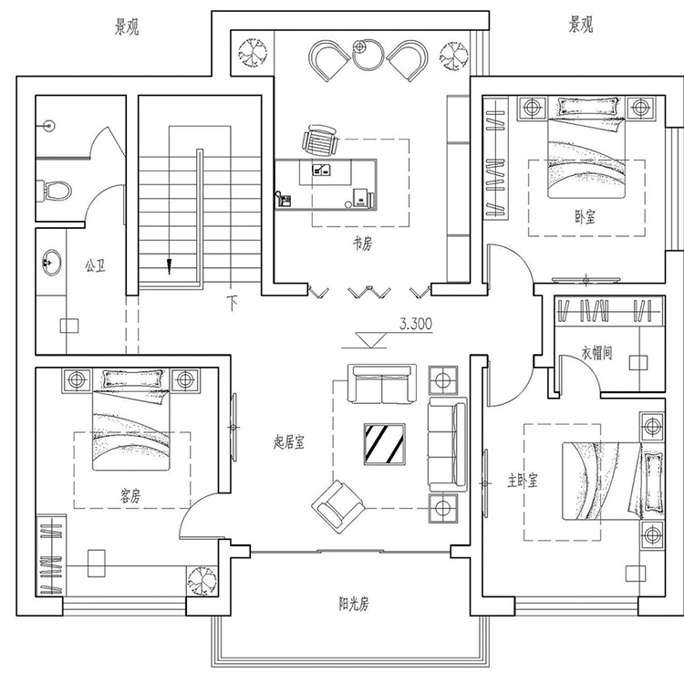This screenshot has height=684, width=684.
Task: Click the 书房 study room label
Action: click(362, 244)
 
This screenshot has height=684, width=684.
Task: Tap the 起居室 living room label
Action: click(289, 442)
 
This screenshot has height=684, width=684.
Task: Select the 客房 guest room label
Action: click(130, 495)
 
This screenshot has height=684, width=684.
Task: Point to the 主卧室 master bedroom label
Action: click(523, 481)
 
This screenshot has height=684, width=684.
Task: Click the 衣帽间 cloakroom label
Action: click(596, 352)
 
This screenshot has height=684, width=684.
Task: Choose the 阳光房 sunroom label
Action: click(354, 604)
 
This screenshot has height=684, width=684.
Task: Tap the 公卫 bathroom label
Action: click(95, 265)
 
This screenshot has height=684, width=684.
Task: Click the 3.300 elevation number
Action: click(416, 324)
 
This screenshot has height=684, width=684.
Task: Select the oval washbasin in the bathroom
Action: click(52, 263)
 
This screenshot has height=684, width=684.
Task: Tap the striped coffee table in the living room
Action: click(384, 444)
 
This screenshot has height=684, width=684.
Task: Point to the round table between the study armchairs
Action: click(368, 55)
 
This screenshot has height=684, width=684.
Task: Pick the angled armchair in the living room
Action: click(338, 507)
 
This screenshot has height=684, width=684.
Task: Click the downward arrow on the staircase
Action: click(170, 266)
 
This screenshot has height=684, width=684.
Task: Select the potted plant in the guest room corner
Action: click(202, 581)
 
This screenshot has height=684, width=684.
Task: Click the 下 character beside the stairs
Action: click(233, 303)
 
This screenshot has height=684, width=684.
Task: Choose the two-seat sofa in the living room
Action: click(382, 383)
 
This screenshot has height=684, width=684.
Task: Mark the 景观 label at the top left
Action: click(127, 28)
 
